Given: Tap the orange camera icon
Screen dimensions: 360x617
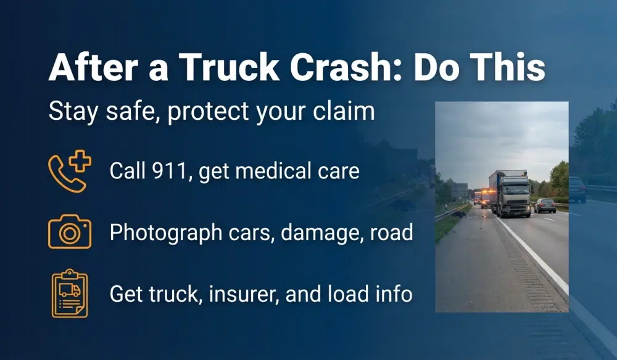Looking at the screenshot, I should coord(69,232).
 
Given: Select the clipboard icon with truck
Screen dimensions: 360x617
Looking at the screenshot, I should coord(69,293).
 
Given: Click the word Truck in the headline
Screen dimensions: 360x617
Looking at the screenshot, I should coord(209,67).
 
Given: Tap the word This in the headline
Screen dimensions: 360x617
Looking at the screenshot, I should coord(510,67).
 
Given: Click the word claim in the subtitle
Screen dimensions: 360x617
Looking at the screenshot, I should coord(345,111).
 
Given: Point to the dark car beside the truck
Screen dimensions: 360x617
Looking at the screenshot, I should coord(545,205).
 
